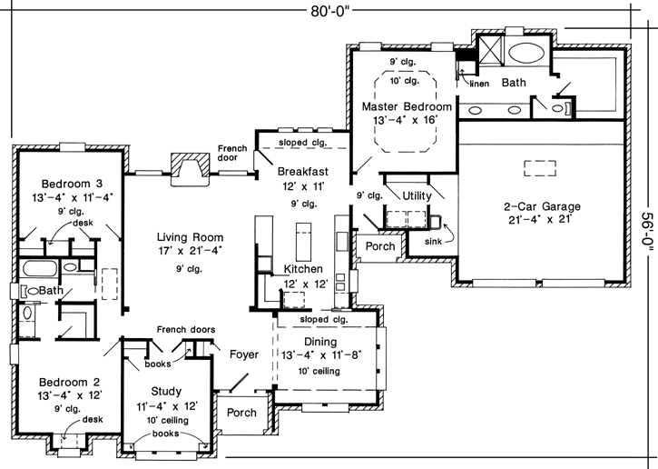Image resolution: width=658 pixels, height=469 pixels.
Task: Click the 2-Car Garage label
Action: pos(542,206)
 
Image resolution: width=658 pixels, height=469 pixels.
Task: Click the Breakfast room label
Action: pos(302,171)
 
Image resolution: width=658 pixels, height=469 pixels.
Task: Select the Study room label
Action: pos(165,391)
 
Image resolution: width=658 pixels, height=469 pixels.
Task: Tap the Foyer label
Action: pos(244,354)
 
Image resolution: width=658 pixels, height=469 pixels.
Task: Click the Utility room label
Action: pos(417,195)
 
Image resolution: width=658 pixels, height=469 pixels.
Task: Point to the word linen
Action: pos(480,84)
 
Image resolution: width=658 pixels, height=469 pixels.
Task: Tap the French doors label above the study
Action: pos(185,329)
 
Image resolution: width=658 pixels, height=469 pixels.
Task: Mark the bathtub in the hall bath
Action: pos(39,270)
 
